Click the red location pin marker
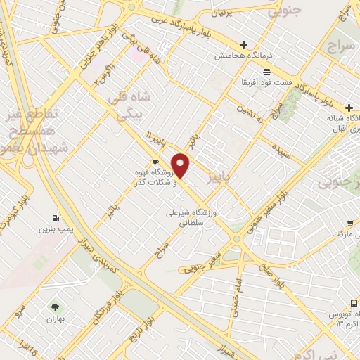[x=181, y=165]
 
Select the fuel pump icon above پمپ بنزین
[x=56, y=218]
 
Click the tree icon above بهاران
[x=55, y=307]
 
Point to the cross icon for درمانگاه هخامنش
[x=243, y=44]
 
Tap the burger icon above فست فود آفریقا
[x=266, y=72]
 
